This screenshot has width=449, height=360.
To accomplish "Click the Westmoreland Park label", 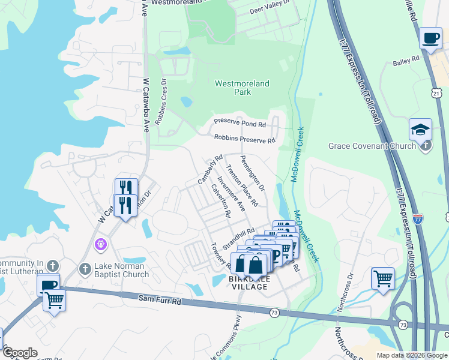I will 243,88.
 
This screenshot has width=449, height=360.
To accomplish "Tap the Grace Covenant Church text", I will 372,146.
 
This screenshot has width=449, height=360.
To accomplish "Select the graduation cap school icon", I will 420,129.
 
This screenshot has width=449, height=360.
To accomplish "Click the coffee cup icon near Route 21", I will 430,38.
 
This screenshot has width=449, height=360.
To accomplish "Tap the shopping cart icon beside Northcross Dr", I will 382,278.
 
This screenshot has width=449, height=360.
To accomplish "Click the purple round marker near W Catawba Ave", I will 101,245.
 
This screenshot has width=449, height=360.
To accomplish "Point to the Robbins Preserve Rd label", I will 244,139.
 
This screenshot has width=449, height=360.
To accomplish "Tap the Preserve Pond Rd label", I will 240,124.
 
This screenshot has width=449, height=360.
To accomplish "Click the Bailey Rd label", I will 406,60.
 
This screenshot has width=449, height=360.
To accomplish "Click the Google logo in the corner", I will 19,353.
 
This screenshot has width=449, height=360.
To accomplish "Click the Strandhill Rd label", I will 238,239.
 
